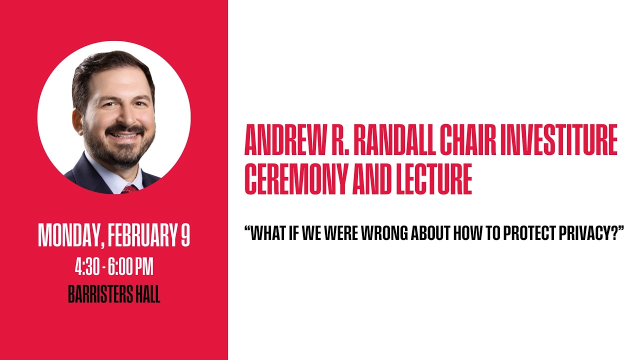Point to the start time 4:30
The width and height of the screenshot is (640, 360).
pos(86,267)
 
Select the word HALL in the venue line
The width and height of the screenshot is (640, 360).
pos(147,295)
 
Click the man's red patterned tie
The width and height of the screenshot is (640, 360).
pos(129,189)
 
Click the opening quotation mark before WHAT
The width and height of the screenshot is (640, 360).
pos(247,229)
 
